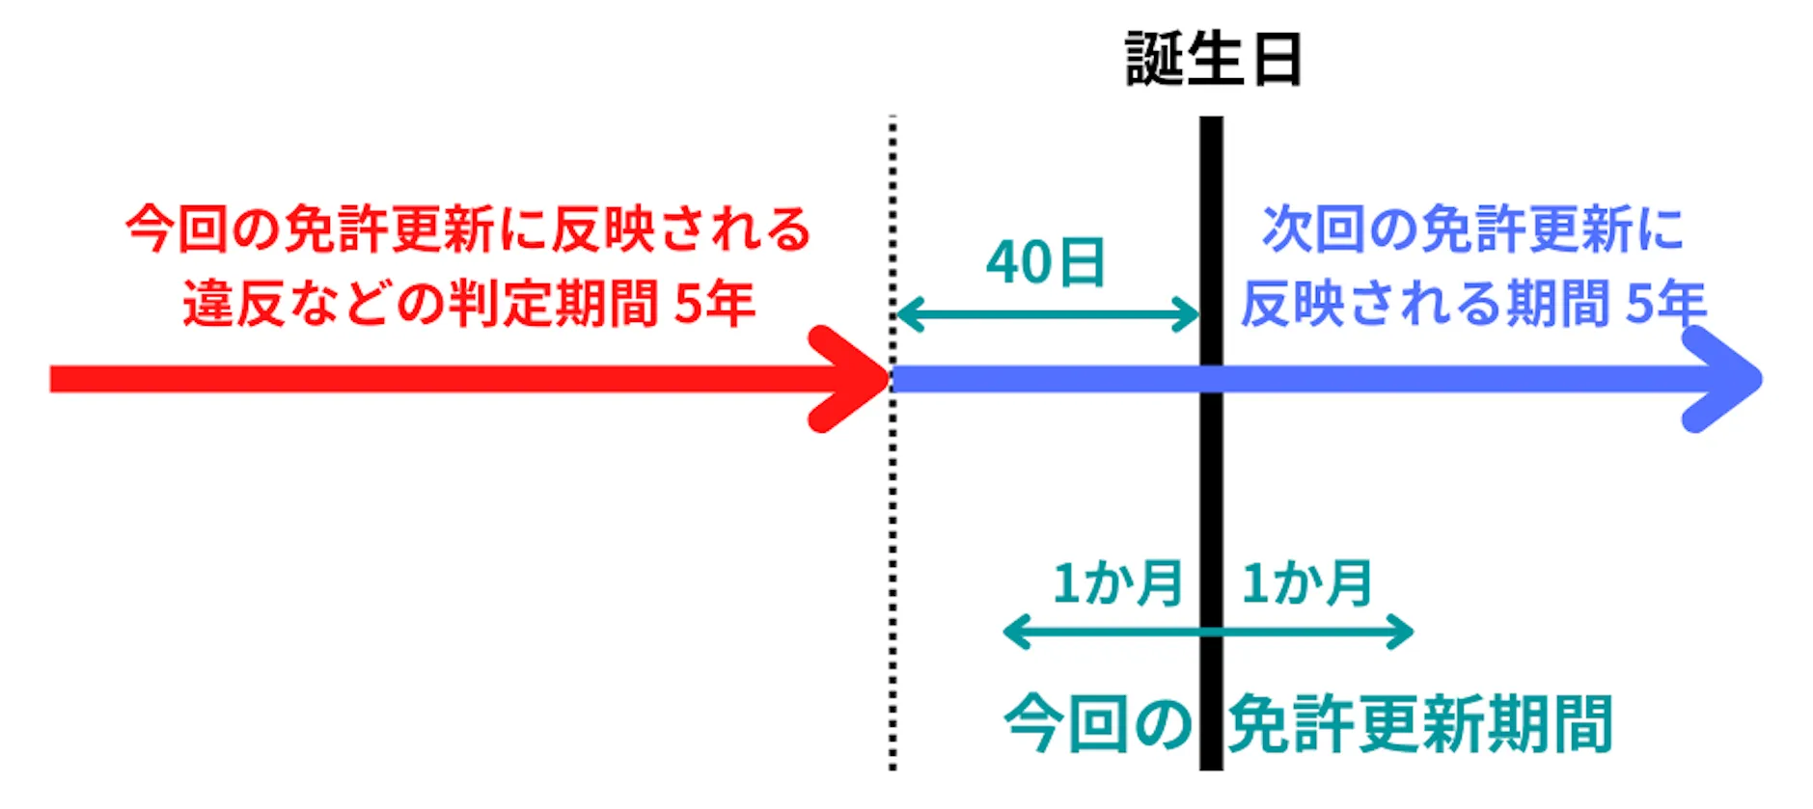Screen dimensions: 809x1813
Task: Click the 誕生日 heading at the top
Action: [x=1214, y=60]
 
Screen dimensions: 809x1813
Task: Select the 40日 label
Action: [x=1045, y=262]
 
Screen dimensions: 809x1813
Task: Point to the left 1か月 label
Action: [x=1116, y=582]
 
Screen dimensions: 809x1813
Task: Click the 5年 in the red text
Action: [x=714, y=303]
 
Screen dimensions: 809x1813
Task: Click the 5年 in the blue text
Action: [x=1666, y=303]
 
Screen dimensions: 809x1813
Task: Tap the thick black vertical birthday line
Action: [x=1211, y=482]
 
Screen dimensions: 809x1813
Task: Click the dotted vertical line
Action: [x=893, y=579]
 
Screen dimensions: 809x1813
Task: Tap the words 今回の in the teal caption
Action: [x=1097, y=723]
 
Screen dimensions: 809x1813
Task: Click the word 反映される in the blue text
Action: [x=1370, y=303]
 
